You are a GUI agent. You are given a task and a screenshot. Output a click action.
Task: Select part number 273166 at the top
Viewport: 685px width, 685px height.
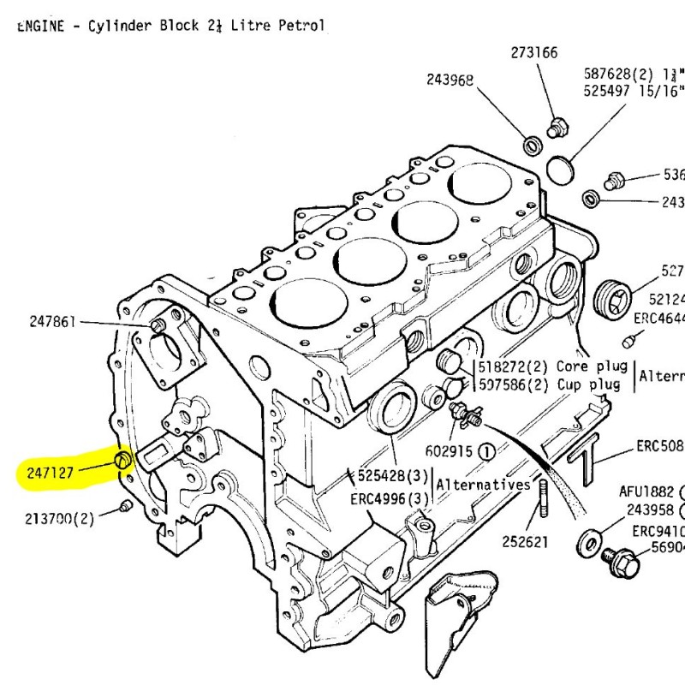point(534,53)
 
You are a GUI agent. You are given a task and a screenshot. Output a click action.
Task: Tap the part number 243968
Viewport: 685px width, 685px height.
point(450,80)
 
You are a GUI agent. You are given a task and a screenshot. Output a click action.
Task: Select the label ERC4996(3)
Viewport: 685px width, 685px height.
point(388,499)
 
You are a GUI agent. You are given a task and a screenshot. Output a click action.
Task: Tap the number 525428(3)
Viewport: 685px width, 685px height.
point(388,475)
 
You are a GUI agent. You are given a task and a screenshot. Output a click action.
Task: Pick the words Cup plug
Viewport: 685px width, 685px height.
point(587,384)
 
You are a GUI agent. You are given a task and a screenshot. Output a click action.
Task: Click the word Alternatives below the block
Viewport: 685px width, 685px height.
point(484,485)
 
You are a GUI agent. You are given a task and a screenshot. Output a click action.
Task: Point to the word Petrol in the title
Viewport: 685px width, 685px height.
point(301,26)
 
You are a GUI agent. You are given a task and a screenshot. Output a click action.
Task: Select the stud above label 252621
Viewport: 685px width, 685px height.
point(543,501)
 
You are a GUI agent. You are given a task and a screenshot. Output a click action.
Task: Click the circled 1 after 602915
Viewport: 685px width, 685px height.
point(486,450)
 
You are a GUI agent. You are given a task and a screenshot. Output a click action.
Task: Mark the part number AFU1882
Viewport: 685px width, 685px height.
point(647,492)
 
